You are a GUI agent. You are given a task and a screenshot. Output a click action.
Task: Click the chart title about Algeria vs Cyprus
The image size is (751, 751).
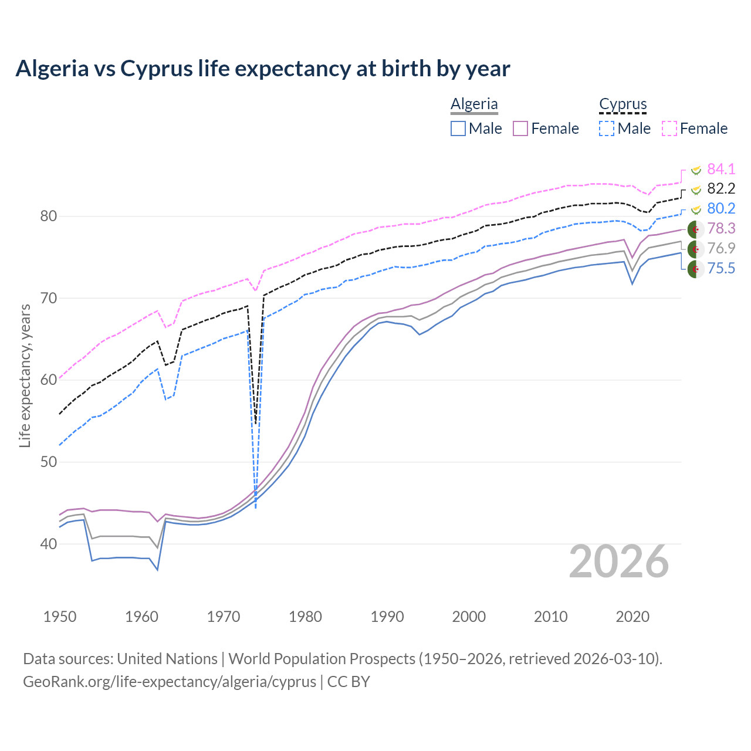click(x=263, y=69)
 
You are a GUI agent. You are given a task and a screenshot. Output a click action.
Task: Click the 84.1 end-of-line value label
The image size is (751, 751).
click(x=720, y=169)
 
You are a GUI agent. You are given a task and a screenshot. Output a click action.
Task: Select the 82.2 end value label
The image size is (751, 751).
click(x=720, y=188)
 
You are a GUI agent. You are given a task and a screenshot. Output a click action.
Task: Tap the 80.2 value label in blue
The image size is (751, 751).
click(x=720, y=208)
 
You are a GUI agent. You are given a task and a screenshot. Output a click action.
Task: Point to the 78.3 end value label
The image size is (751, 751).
click(x=720, y=228)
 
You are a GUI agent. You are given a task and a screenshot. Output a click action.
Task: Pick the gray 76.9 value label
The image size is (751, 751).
click(x=720, y=248)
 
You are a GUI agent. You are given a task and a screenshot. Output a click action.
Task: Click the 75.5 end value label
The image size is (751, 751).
click(x=720, y=268)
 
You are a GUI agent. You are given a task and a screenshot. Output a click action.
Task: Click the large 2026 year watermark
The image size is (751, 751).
click(x=619, y=561)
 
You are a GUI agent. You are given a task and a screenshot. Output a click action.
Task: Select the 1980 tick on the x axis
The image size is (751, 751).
click(x=305, y=617)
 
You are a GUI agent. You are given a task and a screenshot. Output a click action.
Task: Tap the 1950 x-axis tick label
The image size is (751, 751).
click(x=60, y=617)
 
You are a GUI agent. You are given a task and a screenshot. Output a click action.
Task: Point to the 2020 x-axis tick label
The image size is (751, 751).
click(x=632, y=617)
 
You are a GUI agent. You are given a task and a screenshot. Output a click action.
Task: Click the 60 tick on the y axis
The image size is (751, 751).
click(x=49, y=380)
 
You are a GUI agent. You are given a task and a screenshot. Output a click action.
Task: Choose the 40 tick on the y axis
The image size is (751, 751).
click(x=49, y=544)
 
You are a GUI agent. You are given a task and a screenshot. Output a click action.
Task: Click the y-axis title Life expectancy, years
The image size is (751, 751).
click(x=25, y=375)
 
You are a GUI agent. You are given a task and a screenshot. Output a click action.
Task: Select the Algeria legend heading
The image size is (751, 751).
click(x=474, y=104)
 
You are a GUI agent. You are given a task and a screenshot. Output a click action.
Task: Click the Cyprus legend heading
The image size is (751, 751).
click(x=623, y=104)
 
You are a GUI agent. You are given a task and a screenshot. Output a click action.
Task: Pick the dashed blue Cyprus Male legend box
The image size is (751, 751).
click(x=607, y=128)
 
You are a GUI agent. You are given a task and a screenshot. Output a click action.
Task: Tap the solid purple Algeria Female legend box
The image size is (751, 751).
click(x=521, y=128)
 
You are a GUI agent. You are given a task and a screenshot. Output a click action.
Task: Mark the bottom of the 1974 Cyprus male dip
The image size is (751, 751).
click(x=256, y=507)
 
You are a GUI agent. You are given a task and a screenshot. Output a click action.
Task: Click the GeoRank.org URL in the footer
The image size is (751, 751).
click(x=170, y=682)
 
